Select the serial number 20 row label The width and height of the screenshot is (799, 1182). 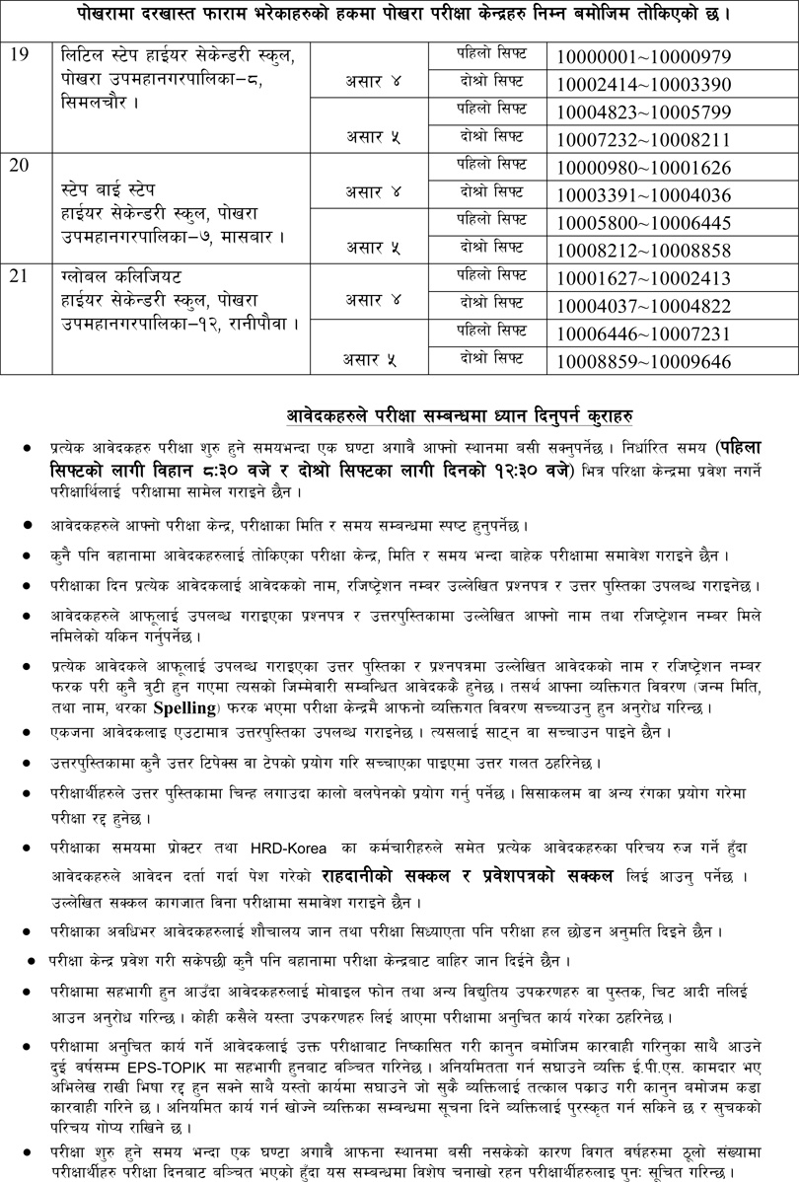(x=20, y=165)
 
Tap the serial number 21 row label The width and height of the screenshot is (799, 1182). (x=20, y=277)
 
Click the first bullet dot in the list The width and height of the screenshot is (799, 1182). (x=26, y=448)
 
